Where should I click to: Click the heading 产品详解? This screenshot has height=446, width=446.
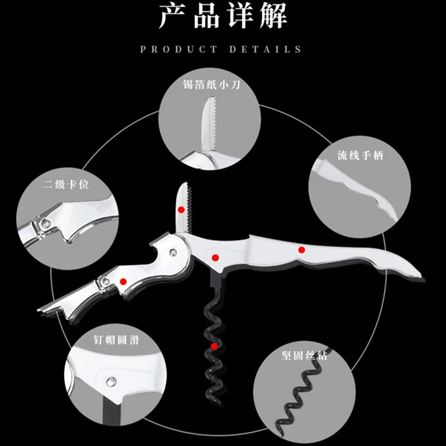tap(222, 16)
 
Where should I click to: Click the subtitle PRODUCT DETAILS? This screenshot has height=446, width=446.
tap(222, 49)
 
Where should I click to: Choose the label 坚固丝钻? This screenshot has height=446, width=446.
tap(305, 355)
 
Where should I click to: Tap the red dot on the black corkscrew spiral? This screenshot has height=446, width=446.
tap(214, 346)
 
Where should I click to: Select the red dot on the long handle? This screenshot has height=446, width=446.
tap(302, 250)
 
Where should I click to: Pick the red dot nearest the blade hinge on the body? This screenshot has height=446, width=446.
tap(215, 257)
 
